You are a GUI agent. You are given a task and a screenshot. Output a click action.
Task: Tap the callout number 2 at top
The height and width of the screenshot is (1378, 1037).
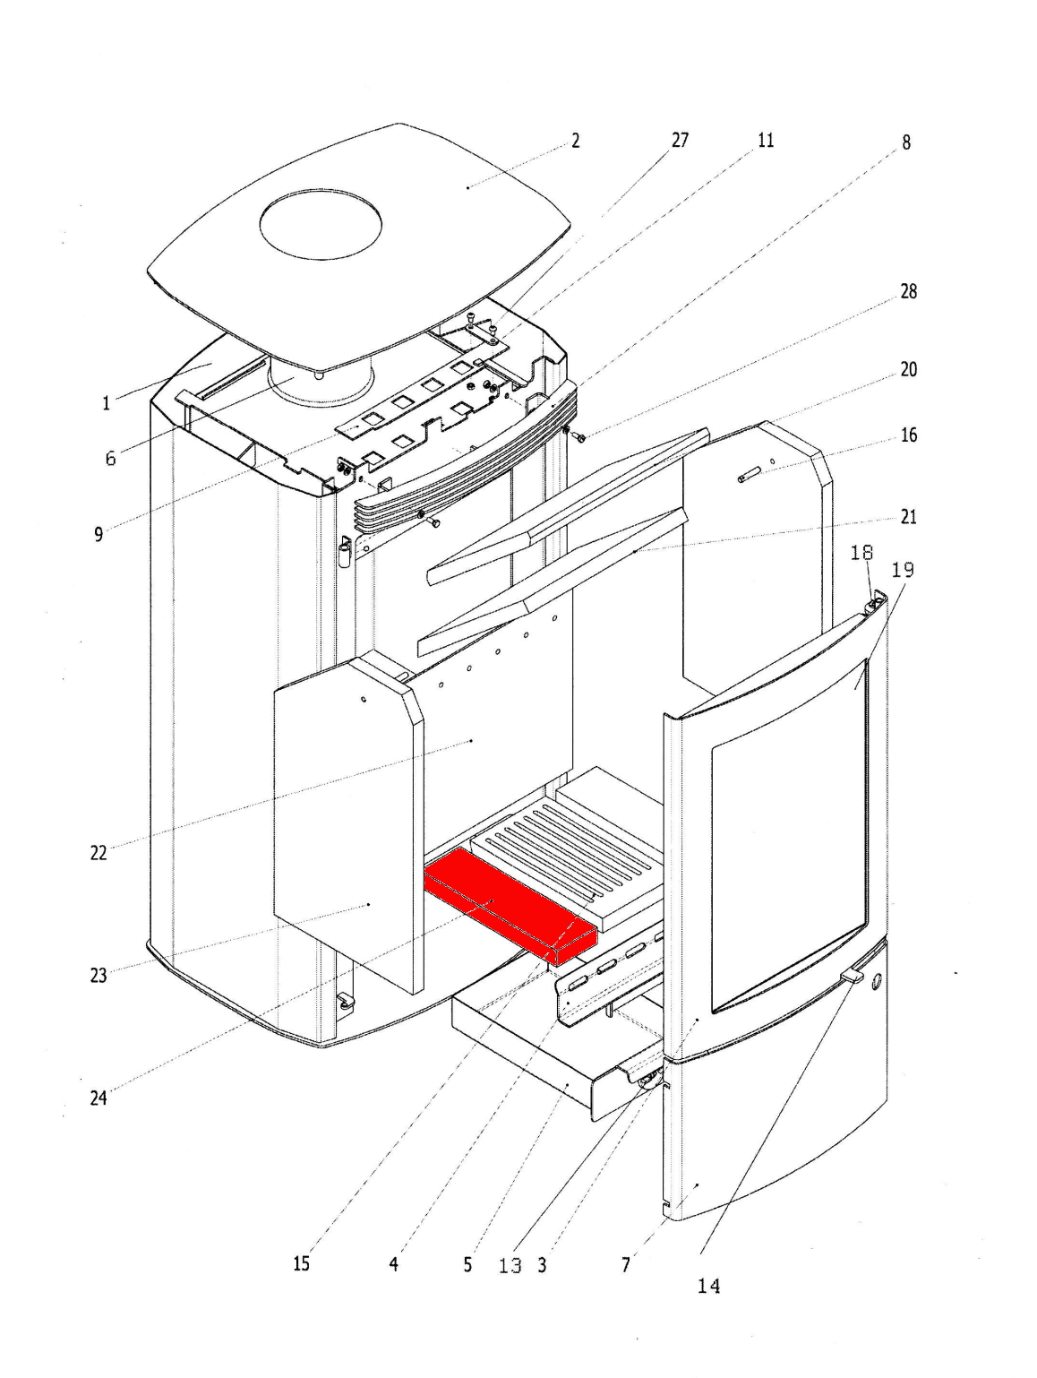576,141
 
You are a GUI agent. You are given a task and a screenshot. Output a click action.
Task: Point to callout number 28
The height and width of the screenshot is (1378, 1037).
908,292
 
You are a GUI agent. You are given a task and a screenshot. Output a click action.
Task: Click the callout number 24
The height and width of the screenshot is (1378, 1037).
99,1098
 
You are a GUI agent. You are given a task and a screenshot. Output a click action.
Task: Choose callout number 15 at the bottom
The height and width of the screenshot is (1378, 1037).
302,1264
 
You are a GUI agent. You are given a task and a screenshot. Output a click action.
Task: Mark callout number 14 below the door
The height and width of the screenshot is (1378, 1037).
707,1287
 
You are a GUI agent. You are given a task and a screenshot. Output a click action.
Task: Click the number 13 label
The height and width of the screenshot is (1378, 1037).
510,1265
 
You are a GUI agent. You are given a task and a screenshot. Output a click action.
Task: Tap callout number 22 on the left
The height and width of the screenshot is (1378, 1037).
99,853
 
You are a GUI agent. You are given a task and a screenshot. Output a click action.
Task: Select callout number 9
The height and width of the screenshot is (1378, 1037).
99,534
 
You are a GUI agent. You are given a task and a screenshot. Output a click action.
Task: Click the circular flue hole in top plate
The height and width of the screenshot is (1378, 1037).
321,224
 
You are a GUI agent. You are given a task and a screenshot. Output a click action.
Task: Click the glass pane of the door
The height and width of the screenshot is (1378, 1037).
788,833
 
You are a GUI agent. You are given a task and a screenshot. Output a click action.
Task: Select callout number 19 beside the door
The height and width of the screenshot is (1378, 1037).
903,570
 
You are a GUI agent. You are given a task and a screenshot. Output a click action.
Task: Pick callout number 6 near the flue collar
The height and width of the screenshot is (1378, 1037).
110,458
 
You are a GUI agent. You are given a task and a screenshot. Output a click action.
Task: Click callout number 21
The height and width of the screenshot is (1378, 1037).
908,517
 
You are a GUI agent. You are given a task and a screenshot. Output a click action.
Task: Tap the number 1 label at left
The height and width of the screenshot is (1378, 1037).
106,403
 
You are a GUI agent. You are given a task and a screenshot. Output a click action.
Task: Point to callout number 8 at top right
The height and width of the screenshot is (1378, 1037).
906,142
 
